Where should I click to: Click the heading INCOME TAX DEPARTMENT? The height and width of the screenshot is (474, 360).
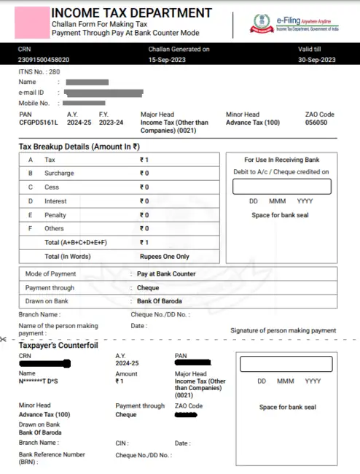coord(131,13)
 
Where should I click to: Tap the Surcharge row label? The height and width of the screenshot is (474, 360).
coord(59,174)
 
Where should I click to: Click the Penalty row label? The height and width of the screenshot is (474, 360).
coord(56,215)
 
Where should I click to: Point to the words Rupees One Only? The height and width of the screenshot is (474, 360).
coord(164,257)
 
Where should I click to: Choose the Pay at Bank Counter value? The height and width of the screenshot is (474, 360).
coord(166,274)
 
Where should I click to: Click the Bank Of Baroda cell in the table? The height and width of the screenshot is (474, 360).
coord(160,301)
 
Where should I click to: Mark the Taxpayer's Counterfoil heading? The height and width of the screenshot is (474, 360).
coord(58,344)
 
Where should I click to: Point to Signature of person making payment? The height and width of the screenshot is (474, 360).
coord(283,330)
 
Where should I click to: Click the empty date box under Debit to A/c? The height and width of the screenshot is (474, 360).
coord(281,186)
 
